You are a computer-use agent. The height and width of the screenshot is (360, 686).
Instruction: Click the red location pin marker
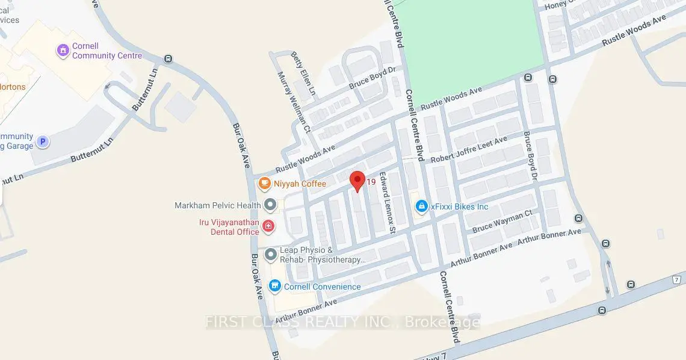tap(357, 180)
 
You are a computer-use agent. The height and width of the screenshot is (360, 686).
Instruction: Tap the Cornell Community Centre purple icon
tap(62, 51)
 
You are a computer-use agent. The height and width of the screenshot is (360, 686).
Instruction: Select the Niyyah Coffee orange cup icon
tap(264, 183)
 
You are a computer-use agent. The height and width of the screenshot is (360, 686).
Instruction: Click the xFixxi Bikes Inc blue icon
tap(422, 206)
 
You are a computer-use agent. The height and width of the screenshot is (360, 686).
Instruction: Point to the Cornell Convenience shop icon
tap(275, 287)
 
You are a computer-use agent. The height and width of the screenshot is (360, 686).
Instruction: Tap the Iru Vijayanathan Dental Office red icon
tap(268, 226)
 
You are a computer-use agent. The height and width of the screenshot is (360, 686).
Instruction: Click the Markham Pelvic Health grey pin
tap(270, 205)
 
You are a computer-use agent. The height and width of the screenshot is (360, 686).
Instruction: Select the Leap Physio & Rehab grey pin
tap(270, 255)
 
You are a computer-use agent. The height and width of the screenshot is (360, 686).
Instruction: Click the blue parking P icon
tap(42, 142)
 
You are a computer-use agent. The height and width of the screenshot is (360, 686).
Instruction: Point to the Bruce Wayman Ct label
tap(502, 221)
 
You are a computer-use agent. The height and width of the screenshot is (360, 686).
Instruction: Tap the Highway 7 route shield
tap(677, 279)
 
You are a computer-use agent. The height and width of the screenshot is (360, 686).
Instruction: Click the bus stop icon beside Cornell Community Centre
tap(168, 59)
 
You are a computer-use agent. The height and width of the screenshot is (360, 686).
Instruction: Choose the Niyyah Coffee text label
tap(300, 184)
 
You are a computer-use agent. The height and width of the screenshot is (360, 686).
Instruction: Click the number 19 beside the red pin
tap(371, 182)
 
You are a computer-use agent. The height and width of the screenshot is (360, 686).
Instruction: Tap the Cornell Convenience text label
tap(323, 287)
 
